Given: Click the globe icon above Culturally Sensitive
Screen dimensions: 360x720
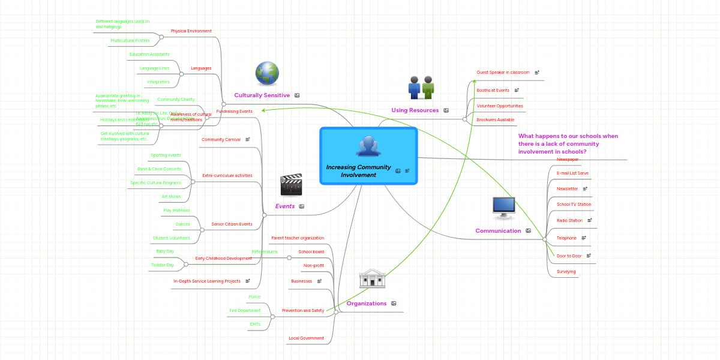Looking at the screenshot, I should (267, 74).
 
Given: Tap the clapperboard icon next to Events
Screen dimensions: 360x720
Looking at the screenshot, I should (291, 185).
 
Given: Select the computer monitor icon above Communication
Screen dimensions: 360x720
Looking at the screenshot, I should (503, 206).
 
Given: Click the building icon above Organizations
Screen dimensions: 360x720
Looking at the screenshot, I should (372, 278).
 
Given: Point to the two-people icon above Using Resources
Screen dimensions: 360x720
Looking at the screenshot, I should (421, 88).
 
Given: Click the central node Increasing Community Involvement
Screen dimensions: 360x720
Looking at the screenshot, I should (368, 156).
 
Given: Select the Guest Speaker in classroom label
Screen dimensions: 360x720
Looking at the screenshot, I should (503, 73).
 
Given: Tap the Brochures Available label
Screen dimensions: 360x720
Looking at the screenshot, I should (495, 120).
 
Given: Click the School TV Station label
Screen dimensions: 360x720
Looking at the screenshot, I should (574, 205).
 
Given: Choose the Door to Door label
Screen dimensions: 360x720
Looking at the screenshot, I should (569, 256).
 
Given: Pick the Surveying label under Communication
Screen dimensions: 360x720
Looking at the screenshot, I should (566, 272).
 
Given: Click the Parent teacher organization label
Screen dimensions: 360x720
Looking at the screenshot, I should (297, 238).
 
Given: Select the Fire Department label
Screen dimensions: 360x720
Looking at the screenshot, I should (245, 311).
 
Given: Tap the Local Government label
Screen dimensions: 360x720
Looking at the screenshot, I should (306, 338).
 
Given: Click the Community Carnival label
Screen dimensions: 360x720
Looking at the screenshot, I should (221, 140).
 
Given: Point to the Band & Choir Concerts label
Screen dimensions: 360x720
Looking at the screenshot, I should (159, 169).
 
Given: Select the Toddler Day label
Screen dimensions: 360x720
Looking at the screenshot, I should (162, 265).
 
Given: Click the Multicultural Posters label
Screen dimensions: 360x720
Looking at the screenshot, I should (130, 41).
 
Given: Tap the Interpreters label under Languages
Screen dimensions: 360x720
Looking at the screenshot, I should (158, 82).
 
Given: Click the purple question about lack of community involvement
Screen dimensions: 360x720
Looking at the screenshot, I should (568, 144).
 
